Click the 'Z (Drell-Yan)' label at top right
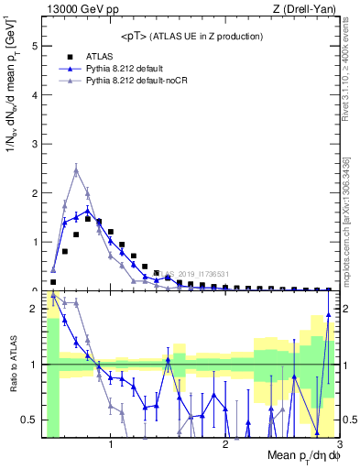point(308,10)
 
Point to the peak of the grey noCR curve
point(76,169)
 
